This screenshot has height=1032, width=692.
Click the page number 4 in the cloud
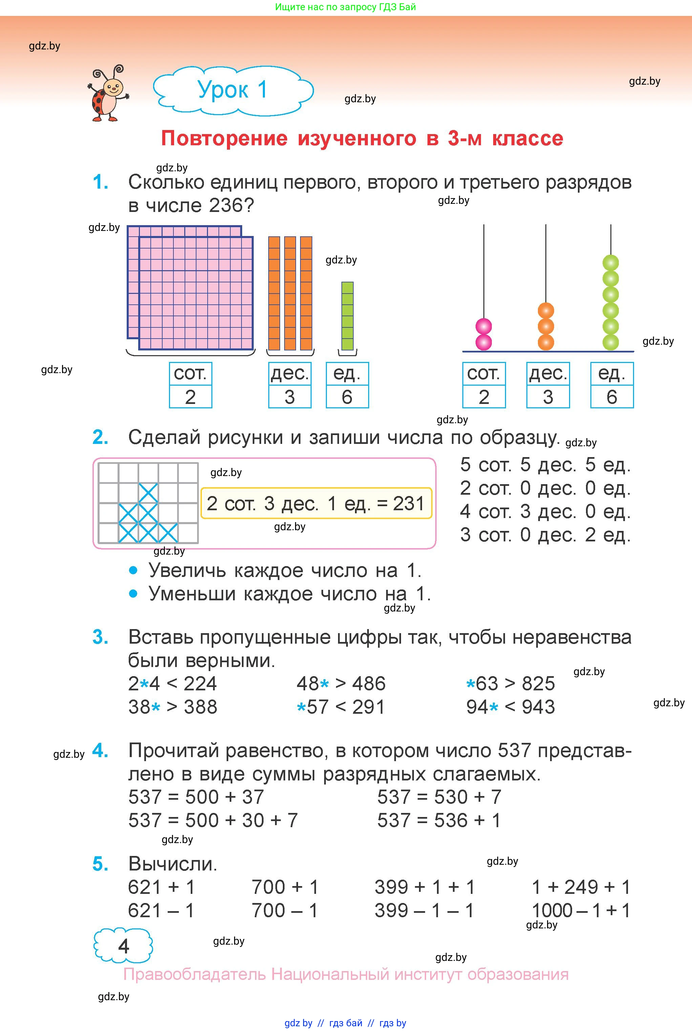point(124,946)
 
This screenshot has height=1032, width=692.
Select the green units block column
point(347,316)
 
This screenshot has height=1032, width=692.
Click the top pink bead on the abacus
point(484,327)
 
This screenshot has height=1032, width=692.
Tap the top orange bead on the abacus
point(546,310)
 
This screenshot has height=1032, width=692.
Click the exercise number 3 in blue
point(100,637)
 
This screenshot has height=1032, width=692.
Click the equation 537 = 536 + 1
point(439,820)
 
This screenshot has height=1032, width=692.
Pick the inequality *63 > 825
point(510,684)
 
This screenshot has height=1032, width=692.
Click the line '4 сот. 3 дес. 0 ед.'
point(545,512)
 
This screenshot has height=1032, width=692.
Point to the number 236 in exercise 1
point(226,206)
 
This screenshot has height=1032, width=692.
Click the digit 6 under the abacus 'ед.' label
point(612,397)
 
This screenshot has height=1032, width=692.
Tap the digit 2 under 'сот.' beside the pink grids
point(190,397)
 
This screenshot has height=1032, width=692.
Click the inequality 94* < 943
point(510,707)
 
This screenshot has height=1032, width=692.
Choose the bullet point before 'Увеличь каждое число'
point(133,571)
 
